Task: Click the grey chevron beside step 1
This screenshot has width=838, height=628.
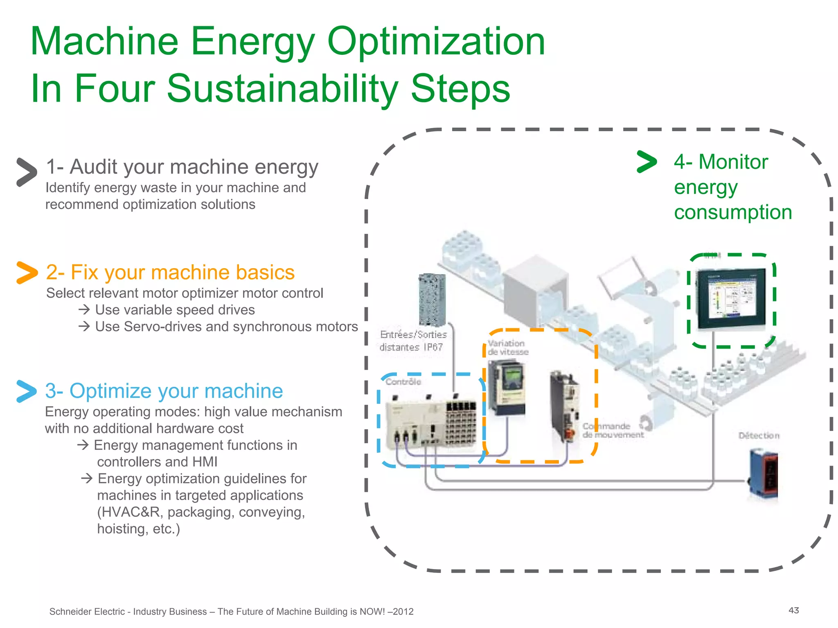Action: pyautogui.click(x=27, y=172)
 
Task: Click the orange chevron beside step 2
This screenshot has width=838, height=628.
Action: pyautogui.click(x=27, y=273)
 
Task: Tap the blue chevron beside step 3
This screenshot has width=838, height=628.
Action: pyautogui.click(x=27, y=391)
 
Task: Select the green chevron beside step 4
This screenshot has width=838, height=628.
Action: pyautogui.click(x=647, y=162)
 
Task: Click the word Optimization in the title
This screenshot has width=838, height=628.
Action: pyautogui.click(x=436, y=41)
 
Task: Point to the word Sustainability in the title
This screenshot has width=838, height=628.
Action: pyautogui.click(x=282, y=89)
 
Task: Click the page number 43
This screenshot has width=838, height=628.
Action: pyautogui.click(x=793, y=610)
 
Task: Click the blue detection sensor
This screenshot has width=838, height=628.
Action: pyautogui.click(x=764, y=474)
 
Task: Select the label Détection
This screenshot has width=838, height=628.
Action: pyautogui.click(x=759, y=436)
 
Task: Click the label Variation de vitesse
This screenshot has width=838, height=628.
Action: pyautogui.click(x=508, y=348)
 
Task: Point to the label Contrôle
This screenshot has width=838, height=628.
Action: pyautogui.click(x=403, y=382)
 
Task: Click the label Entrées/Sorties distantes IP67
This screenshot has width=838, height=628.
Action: pyautogui.click(x=413, y=341)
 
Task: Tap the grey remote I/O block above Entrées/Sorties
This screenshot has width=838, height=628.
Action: pyautogui.click(x=432, y=299)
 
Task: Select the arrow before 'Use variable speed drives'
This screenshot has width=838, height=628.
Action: pyautogui.click(x=84, y=310)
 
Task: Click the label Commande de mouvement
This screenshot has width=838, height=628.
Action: pyautogui.click(x=613, y=431)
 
